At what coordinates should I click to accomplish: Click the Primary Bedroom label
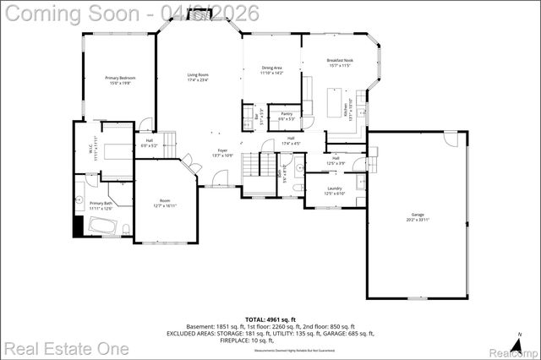121,80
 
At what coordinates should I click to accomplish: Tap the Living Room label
198,78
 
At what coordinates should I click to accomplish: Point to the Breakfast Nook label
340,63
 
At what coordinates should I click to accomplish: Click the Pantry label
287,116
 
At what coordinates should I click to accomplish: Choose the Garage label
418,217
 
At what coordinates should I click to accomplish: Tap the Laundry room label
335,191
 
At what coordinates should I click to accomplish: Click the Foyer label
222,153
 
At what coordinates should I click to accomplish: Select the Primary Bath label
101,205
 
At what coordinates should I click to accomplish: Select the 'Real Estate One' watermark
66,347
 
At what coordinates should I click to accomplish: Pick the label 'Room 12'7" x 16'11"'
163,204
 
